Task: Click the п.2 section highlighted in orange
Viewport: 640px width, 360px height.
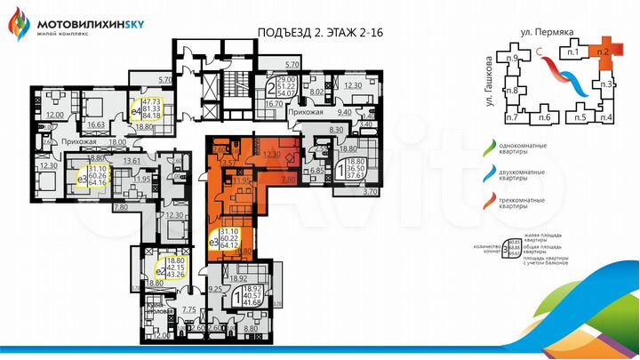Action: click(602, 52)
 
